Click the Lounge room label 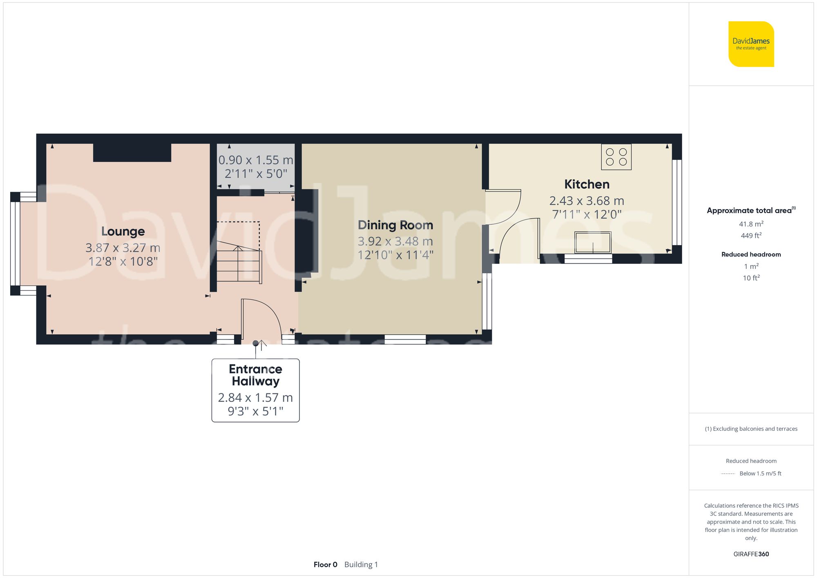(x=123, y=232)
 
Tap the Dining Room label (x=395, y=225)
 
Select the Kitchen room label (x=587, y=184)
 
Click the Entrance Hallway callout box (x=255, y=390)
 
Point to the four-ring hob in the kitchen (x=616, y=157)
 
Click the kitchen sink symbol (x=593, y=242)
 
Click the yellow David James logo (x=751, y=44)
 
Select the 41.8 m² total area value (x=751, y=224)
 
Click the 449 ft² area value (x=751, y=235)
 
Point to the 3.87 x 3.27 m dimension (x=123, y=248)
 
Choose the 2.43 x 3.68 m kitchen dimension (x=587, y=201)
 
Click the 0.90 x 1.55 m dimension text (x=256, y=160)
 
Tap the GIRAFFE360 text (x=751, y=554)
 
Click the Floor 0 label (x=326, y=565)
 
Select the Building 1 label (x=361, y=565)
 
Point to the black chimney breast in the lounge (x=132, y=152)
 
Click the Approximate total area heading (x=751, y=210)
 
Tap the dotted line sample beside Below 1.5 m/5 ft (x=728, y=474)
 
